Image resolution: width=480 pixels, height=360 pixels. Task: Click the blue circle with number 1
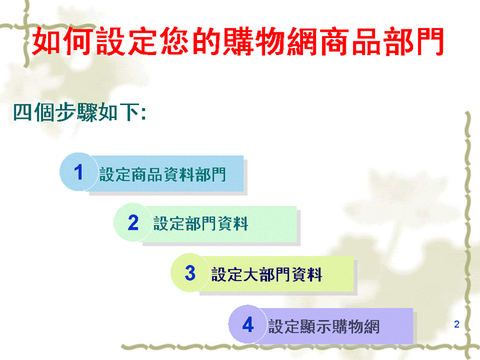click(x=79, y=172)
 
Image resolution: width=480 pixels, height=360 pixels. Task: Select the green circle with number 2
click(x=133, y=222)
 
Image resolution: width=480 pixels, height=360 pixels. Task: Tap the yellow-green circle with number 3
click(x=190, y=272)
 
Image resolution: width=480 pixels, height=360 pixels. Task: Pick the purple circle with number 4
click(x=247, y=324)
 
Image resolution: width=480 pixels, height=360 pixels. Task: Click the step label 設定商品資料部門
click(x=162, y=174)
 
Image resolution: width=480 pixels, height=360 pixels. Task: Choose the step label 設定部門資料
click(x=201, y=223)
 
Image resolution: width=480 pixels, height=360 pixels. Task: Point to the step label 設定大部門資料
click(x=267, y=274)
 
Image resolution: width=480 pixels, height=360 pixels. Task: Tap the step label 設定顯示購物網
click(x=324, y=326)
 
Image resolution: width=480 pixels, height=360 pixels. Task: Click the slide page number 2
click(x=457, y=324)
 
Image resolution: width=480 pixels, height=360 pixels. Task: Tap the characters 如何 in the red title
click(x=63, y=41)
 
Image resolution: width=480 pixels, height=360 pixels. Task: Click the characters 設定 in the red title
click(x=127, y=41)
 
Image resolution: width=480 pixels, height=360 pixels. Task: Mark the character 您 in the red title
click(x=174, y=41)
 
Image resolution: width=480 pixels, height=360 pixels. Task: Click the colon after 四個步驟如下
click(x=143, y=113)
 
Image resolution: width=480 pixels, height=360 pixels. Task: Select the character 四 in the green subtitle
click(x=22, y=112)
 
